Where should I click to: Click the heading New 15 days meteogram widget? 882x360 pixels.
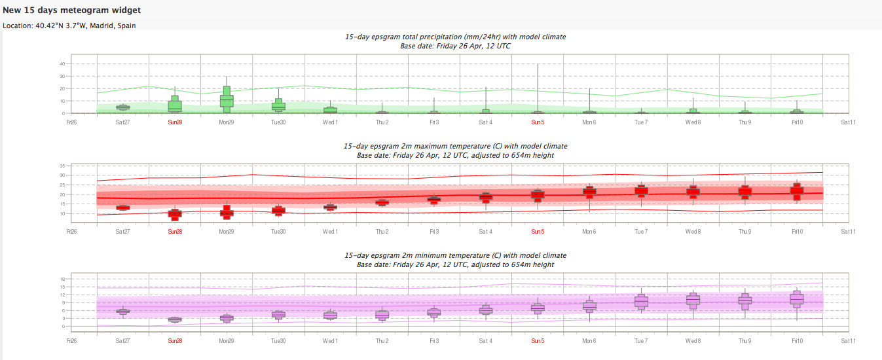[71, 10]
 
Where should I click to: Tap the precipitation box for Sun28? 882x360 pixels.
[175, 105]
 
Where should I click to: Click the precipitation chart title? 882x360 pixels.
[455, 37]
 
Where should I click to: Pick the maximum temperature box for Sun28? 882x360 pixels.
[175, 214]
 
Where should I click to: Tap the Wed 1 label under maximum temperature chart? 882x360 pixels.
[330, 232]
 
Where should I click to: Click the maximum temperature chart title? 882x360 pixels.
[455, 146]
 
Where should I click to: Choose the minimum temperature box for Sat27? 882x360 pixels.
[122, 311]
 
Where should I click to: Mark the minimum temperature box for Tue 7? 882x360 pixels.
[641, 301]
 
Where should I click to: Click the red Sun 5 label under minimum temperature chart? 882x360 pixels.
[538, 341]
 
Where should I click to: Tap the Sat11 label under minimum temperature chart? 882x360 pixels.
[848, 341]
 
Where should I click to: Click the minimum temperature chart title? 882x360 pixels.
[455, 255]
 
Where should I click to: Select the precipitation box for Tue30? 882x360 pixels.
[278, 105]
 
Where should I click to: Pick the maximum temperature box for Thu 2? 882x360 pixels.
[382, 202]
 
